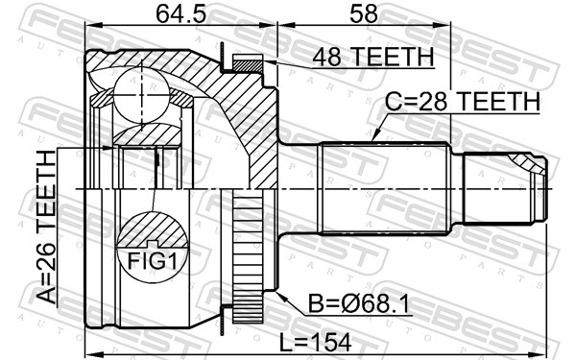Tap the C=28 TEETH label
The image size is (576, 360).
(463, 102)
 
